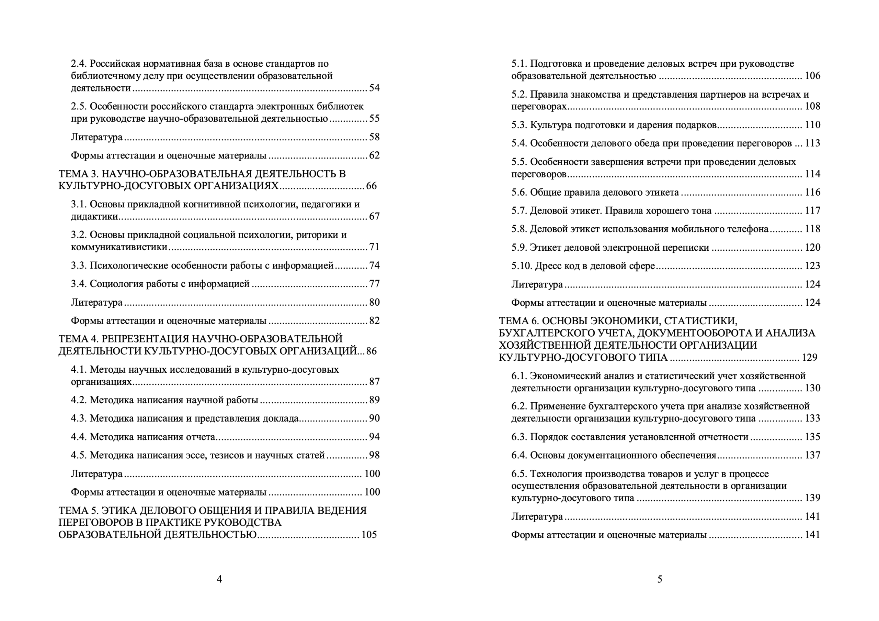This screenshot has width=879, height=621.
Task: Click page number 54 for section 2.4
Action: pos(374,88)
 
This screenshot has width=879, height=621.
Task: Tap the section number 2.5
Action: pos(79,106)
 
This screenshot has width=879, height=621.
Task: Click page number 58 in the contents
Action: pos(374,137)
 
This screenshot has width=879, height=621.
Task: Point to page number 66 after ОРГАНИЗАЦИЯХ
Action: pos(371,186)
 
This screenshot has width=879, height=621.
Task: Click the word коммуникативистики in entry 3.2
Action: pos(119,247)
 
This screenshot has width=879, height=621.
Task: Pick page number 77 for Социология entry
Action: pos(374,284)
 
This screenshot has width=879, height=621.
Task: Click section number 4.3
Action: pos(79,418)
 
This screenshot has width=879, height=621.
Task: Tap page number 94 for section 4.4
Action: pos(374,437)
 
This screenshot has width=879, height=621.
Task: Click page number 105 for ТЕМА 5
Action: pos(369,534)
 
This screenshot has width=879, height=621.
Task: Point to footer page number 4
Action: pos(219,579)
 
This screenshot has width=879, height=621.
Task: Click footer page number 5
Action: pos(660,579)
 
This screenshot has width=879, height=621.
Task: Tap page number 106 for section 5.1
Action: pos(812,76)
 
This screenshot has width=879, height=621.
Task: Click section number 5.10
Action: pos(522,266)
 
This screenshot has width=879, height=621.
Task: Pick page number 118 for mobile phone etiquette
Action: pos(812,229)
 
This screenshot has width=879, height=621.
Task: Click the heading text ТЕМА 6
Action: pos(519,321)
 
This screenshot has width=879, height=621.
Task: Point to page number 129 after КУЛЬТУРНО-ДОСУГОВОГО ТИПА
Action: pos(809,357)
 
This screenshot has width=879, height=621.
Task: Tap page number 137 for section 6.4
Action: pos(812,455)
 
